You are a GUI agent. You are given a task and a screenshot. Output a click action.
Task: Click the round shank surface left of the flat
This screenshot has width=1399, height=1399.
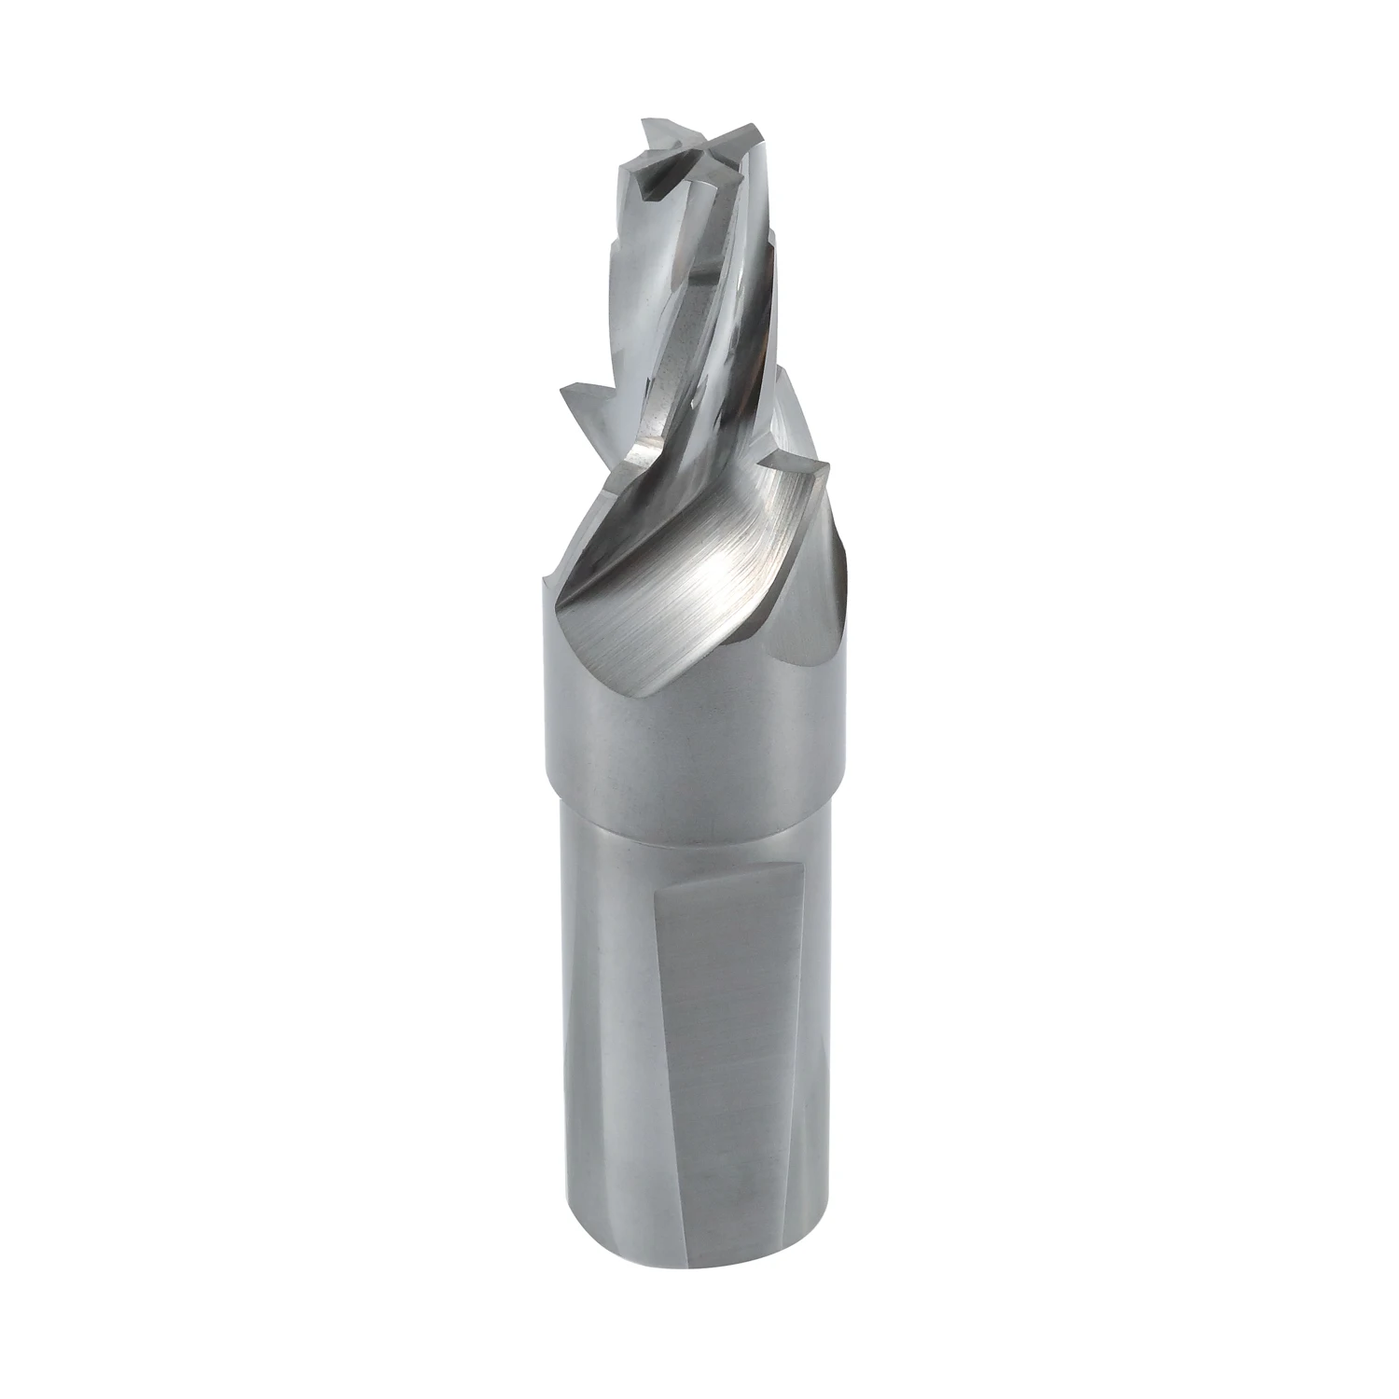tap(606, 1026)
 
